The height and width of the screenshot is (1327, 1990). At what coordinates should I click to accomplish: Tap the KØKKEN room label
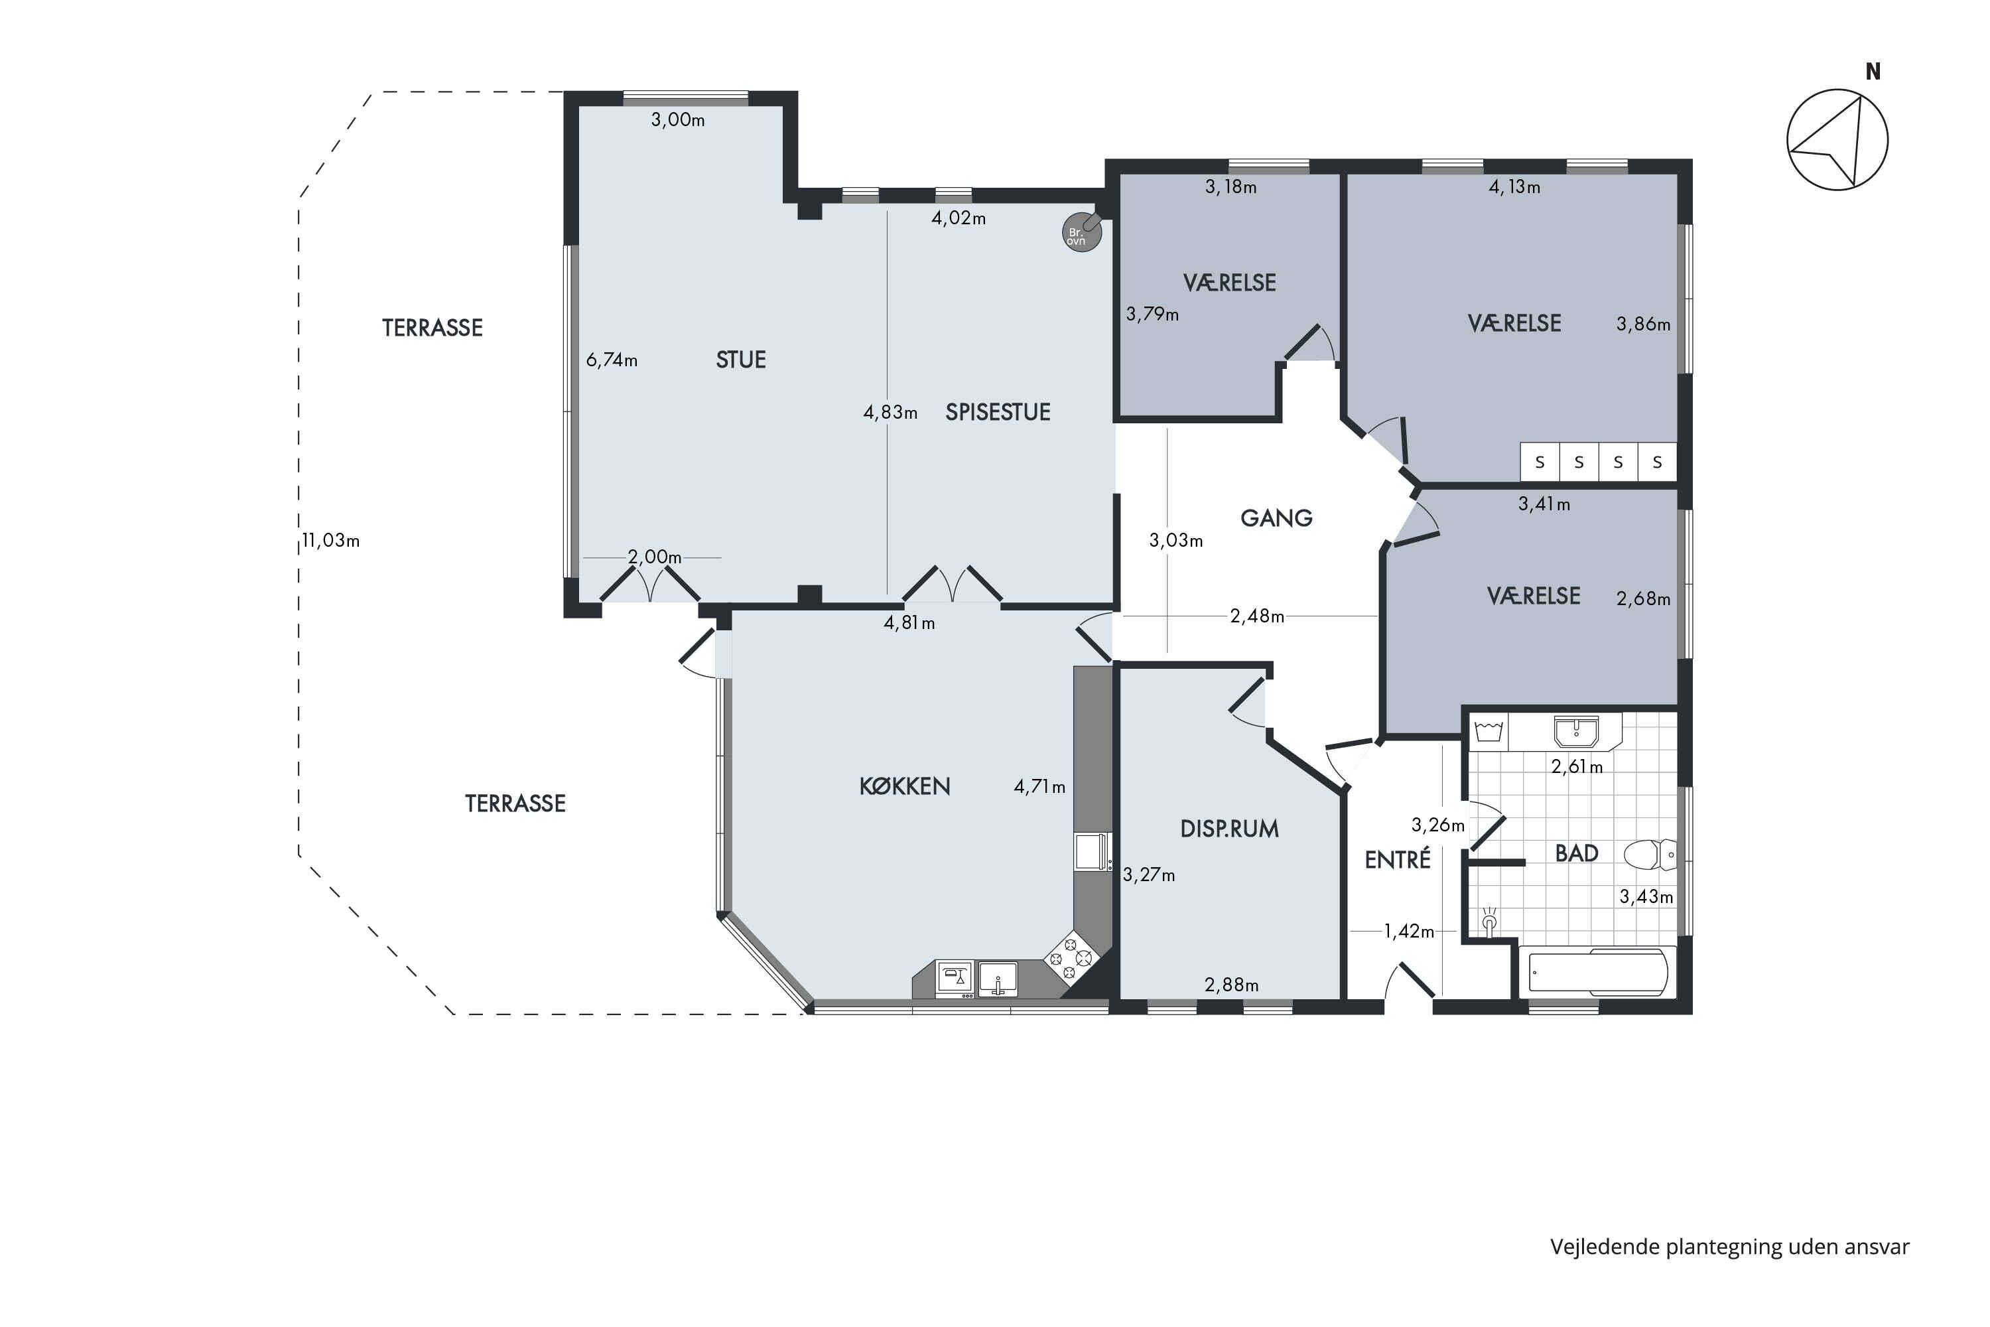point(905,786)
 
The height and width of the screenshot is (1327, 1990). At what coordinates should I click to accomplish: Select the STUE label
point(740,360)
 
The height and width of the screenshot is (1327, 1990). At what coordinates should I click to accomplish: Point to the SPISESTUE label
point(998,412)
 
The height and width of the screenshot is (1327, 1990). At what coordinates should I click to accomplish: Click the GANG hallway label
point(1276,518)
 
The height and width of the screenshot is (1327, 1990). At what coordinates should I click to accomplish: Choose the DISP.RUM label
point(1229,829)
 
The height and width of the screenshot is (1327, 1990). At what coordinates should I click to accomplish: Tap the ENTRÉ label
point(1397,859)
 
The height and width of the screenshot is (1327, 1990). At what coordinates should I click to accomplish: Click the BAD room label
point(1576,853)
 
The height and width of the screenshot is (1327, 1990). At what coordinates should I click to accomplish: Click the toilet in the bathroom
point(1650,855)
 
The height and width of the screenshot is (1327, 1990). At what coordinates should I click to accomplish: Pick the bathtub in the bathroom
point(1597,971)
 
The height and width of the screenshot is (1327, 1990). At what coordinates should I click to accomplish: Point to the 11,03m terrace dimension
point(331,540)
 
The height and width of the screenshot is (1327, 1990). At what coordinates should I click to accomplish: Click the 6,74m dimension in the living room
point(612,360)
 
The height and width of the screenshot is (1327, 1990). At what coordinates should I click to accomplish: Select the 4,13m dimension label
point(1514,186)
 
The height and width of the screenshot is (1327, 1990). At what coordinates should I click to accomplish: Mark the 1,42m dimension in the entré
point(1409,931)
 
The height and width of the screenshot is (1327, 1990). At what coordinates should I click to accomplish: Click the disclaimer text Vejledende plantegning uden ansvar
point(1729,1247)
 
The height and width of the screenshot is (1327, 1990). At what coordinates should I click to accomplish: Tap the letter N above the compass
point(1873,72)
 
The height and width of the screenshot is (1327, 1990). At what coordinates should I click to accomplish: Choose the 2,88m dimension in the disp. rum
point(1231,984)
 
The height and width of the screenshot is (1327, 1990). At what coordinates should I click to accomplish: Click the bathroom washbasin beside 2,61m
point(1575,732)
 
